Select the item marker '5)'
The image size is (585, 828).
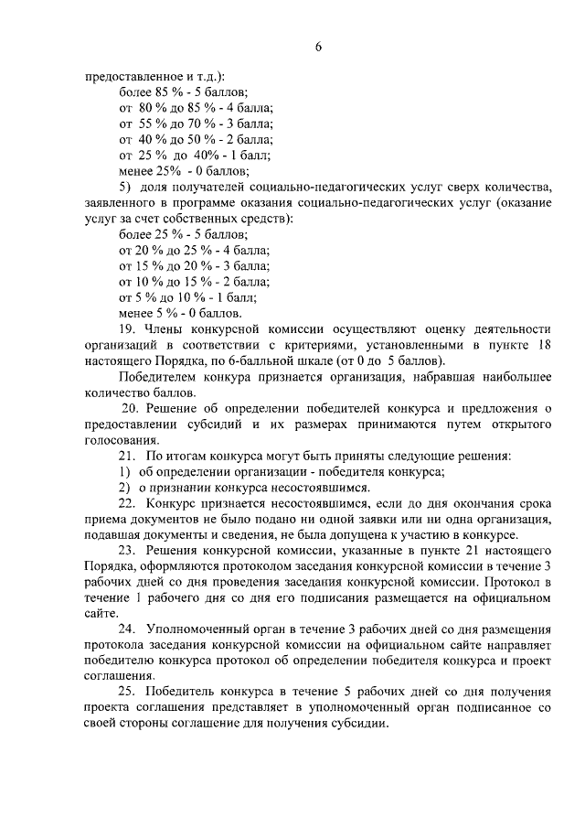tap(126, 187)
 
